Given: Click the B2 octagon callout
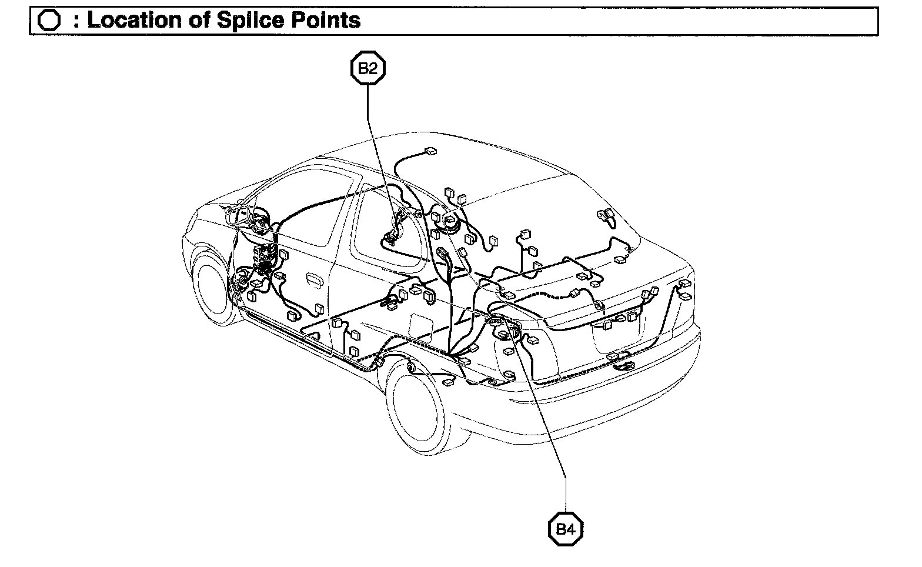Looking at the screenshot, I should pos(368,68).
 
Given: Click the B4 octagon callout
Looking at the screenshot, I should pos(565,529).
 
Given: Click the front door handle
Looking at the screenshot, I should pos(312,279).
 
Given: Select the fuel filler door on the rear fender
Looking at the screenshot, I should pos(421,327).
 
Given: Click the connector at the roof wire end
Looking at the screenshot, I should pos(431,151).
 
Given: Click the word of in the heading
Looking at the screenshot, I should pos(198,21).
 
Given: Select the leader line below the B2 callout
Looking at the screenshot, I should pos(369,106).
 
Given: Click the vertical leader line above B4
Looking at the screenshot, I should pos(565,494).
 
